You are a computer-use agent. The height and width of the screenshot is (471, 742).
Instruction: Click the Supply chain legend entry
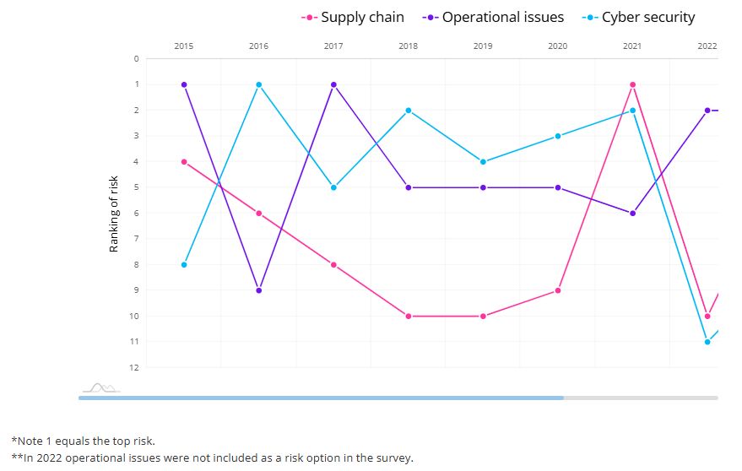click(x=352, y=17)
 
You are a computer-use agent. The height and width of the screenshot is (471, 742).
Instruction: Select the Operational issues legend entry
click(x=493, y=17)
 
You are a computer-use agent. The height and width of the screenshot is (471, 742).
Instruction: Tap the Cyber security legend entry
click(x=638, y=17)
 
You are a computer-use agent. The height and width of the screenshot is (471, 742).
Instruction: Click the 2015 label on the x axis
click(x=183, y=46)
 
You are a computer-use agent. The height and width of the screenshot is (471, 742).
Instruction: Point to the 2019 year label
click(x=482, y=46)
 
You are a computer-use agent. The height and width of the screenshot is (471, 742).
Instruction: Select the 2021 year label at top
click(x=631, y=46)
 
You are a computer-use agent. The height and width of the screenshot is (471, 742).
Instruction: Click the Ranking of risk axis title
click(x=114, y=214)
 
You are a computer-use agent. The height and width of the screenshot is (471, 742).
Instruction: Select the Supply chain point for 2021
click(x=632, y=84)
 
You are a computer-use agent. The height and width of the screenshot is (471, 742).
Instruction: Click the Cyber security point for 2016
click(x=258, y=84)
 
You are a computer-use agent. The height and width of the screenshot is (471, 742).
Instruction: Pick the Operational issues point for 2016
click(x=258, y=290)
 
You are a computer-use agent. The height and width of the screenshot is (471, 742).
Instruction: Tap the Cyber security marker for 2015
click(x=184, y=265)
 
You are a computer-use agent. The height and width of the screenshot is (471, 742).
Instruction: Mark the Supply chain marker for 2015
click(x=184, y=162)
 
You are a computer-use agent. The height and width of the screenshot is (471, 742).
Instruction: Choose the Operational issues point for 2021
click(x=632, y=214)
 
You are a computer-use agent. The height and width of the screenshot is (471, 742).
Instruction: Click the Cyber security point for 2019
click(x=483, y=162)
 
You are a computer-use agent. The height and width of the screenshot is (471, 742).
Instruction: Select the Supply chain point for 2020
click(x=558, y=290)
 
